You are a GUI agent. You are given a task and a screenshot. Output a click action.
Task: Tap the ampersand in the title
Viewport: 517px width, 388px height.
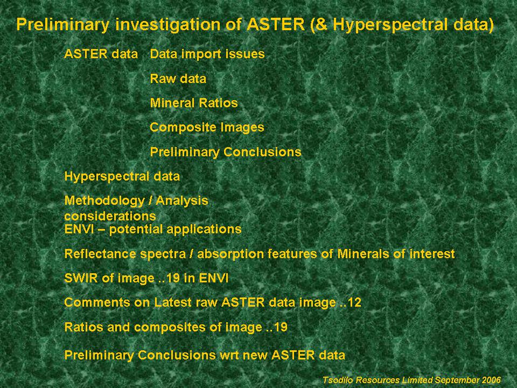(323, 24)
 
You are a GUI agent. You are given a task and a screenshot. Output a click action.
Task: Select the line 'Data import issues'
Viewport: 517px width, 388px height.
(207, 54)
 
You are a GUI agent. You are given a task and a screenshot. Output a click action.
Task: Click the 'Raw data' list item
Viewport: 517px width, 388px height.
(178, 79)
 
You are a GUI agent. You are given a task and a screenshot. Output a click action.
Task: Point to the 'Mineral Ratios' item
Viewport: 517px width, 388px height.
(193, 103)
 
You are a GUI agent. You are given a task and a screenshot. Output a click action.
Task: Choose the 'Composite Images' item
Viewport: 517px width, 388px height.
(207, 127)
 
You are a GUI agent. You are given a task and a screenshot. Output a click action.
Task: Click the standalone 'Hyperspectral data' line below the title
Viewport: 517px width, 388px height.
(122, 177)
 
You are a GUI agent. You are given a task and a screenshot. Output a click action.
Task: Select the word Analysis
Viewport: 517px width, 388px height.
(181, 201)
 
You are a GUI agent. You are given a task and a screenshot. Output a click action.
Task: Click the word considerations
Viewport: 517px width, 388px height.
(110, 216)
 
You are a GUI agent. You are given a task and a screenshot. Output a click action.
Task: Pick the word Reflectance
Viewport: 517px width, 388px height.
(100, 254)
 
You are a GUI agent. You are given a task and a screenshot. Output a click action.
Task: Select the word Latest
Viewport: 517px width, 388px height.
(173, 302)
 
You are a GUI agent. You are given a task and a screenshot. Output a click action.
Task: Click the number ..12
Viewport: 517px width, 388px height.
(350, 302)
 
